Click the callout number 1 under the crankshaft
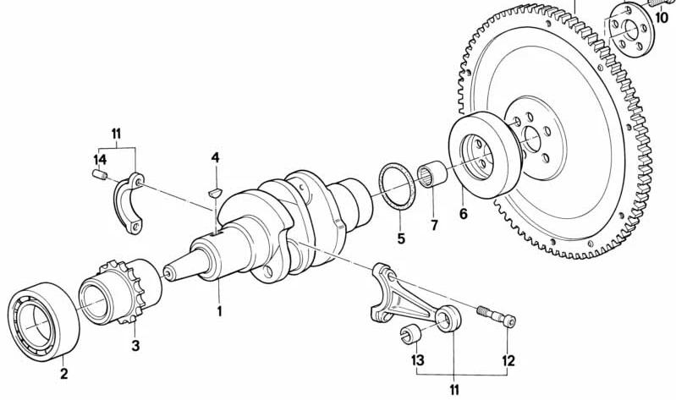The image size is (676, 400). tap(218, 310)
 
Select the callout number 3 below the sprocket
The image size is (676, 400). tap(134, 345)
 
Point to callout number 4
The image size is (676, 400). tap(216, 158)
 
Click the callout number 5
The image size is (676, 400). tap(401, 238)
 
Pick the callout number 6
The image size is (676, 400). tap(463, 214)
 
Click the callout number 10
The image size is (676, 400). tap(662, 18)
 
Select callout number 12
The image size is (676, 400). tap(508, 362)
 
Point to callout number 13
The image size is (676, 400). tap(417, 361)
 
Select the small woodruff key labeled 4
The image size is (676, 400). tap(215, 192)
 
